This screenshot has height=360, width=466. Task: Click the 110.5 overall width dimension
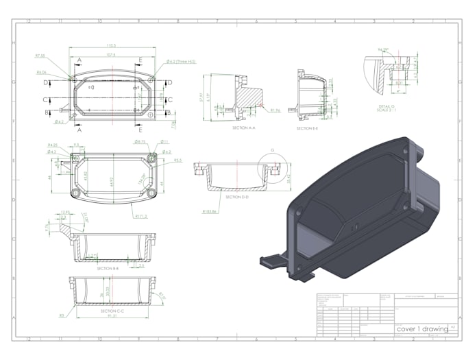pyautogui.click(x=110, y=46)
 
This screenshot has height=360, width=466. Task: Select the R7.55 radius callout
pyautogui.click(x=40, y=56)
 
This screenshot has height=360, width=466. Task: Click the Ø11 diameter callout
pyautogui.click(x=165, y=142)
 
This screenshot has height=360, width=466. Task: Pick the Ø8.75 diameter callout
pyautogui.click(x=141, y=142)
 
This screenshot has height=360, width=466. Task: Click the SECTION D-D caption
pyautogui.click(x=236, y=197)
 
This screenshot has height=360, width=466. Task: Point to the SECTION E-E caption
pyautogui.click(x=307, y=128)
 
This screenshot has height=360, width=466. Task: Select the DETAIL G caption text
pyautogui.click(x=387, y=106)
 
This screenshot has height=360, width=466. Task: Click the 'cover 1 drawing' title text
pyautogui.click(x=422, y=329)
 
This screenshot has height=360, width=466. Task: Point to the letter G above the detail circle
pyautogui.click(x=272, y=149)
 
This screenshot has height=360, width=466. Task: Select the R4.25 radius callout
pyautogui.click(x=51, y=145)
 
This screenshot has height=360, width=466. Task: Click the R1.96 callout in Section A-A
pyautogui.click(x=275, y=110)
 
